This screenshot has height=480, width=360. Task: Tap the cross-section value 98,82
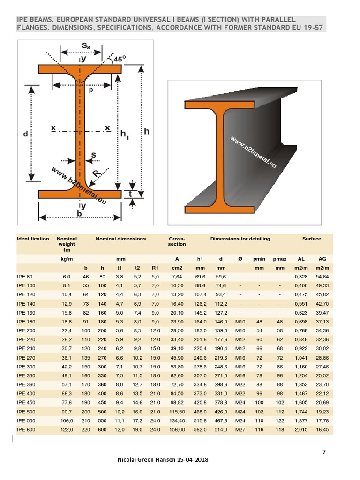coord(177,402)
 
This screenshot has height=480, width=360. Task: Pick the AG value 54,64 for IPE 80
coord(322,277)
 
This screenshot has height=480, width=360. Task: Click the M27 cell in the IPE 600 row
coord(240,429)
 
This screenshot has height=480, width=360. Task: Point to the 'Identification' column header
coord(33,239)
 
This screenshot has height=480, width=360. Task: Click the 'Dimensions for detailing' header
coord(240,239)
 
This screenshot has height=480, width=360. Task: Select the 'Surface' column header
coord(312,239)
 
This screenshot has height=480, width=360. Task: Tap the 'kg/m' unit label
coord(66,258)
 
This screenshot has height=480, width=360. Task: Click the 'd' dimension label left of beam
coord(25,134)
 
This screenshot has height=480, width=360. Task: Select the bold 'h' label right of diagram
coord(146,132)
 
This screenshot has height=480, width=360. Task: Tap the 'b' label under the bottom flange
coord(79,214)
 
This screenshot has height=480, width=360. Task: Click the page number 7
coord(323,452)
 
